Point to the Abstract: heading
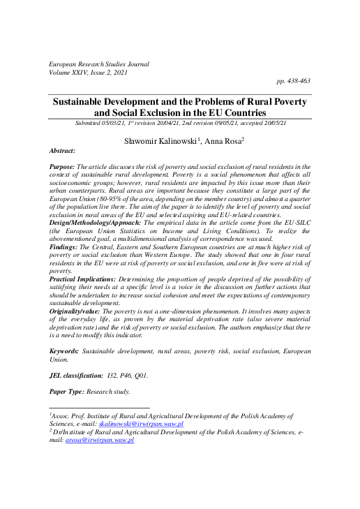click(x=64, y=151)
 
